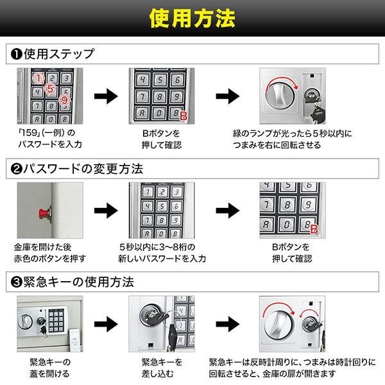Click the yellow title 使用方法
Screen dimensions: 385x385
[193, 20]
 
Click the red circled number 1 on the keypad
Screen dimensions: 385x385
[38, 78]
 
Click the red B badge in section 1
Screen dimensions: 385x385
[184, 116]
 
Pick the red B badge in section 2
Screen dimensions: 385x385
[314, 229]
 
